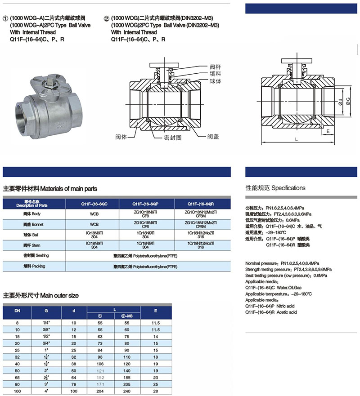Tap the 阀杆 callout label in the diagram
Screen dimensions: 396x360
(216, 67)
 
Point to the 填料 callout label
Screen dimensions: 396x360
(216, 75)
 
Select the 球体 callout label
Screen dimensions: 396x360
(216, 82)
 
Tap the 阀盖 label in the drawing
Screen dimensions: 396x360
(213, 136)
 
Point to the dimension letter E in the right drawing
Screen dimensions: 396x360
(328, 131)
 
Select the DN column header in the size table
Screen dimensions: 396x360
(17, 310)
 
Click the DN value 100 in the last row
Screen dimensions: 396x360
(17, 392)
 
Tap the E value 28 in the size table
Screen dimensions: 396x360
(156, 392)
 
